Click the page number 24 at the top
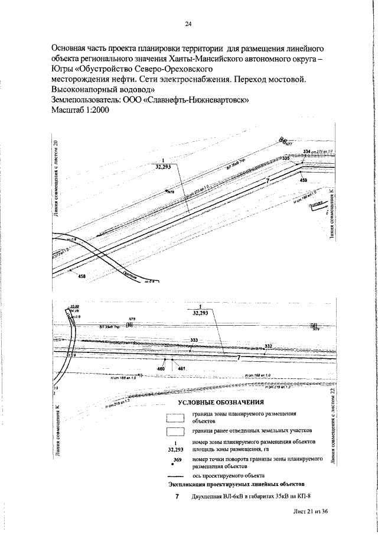click(189, 24)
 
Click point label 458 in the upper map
click(82, 276)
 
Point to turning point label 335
click(286, 158)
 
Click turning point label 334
click(307, 152)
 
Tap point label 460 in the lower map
click(160, 368)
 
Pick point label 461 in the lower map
click(181, 368)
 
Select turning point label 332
click(268, 346)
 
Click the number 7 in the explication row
click(177, 495)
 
